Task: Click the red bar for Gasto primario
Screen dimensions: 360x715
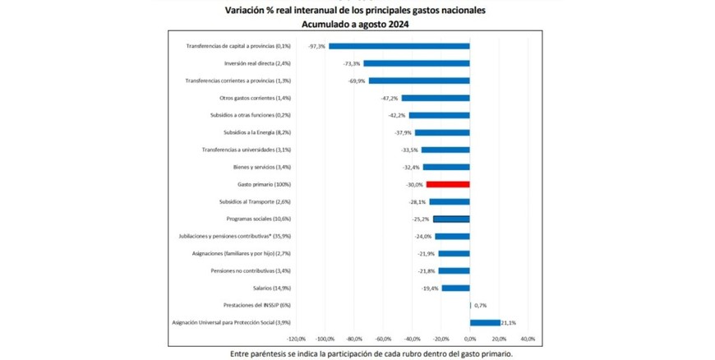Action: [x=448, y=184]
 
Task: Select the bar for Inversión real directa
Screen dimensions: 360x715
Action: [x=417, y=63]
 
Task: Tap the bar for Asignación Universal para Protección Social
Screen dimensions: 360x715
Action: [x=485, y=322]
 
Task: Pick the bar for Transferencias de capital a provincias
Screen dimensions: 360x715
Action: [x=399, y=46]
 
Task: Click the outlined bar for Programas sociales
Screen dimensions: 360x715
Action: [x=451, y=219]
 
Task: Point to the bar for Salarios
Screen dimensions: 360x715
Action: [x=455, y=288]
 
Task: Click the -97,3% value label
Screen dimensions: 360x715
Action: [x=316, y=46]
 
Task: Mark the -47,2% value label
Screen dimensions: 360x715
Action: [x=390, y=98]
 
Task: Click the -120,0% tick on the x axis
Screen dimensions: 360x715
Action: [x=296, y=338]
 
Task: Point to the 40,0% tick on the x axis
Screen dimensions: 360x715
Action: [x=528, y=338]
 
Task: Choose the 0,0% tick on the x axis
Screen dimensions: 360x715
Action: [x=470, y=338]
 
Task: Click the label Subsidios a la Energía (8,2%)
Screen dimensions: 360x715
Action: [x=257, y=132]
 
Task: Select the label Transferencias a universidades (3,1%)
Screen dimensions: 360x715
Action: [x=247, y=150]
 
